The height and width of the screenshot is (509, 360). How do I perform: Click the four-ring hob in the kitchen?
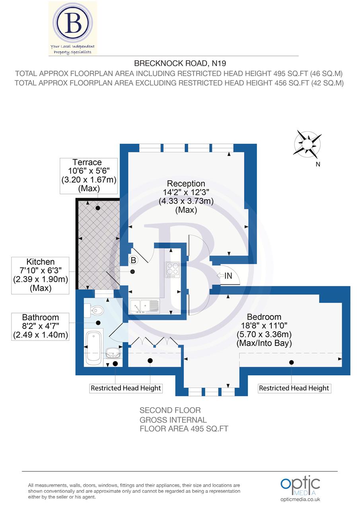[x=172, y=269]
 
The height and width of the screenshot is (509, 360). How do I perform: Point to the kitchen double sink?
[x=144, y=306]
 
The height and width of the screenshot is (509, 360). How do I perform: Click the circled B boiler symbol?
[x=133, y=260]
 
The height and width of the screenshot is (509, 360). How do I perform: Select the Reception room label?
[x=186, y=184]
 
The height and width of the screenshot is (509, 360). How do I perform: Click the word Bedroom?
[x=264, y=317]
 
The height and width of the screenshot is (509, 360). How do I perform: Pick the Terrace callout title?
[x=87, y=162]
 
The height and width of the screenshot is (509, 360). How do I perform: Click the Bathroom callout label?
[x=40, y=317]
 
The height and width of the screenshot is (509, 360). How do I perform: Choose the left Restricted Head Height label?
[x=126, y=388]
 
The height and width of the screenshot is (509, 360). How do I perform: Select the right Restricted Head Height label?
[x=294, y=388]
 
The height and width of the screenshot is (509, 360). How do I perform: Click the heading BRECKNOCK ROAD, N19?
[x=180, y=63]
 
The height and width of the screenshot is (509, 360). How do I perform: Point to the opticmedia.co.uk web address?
[x=300, y=499]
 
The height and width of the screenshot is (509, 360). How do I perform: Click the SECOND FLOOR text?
[x=170, y=410]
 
